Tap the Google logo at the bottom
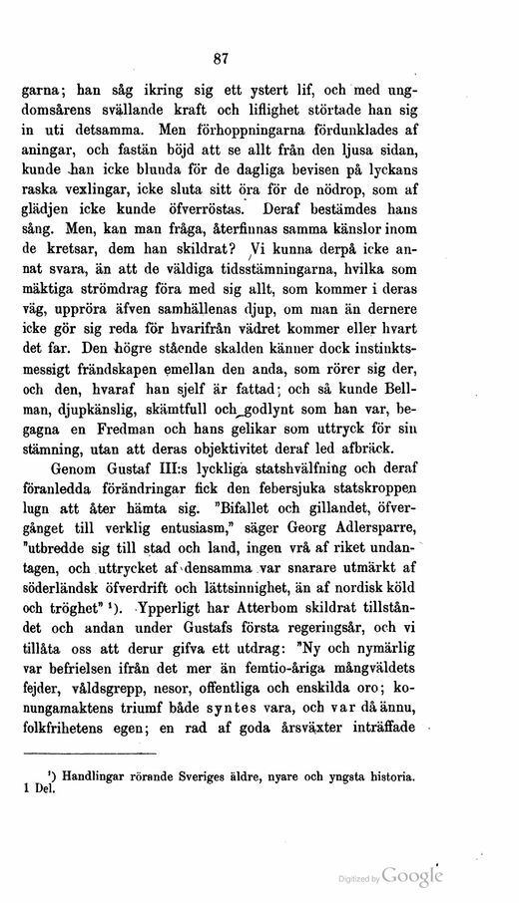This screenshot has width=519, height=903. [412, 875]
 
